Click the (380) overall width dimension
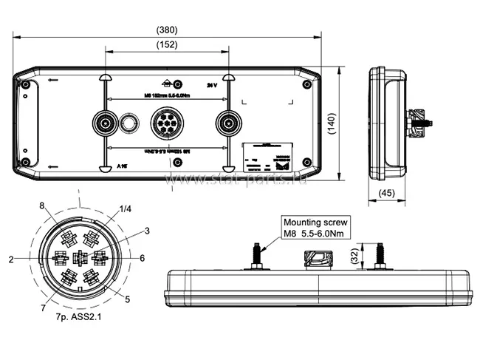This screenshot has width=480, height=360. (x=167, y=30)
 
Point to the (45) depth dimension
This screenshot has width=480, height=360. (x=385, y=194)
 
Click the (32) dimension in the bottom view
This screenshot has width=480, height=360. (x=355, y=257)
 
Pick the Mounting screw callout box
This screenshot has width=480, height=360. (x=315, y=228)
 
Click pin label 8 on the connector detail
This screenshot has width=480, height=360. (x=41, y=205)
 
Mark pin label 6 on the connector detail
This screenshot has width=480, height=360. (x=141, y=258)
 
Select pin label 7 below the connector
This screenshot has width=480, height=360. (x=43, y=307)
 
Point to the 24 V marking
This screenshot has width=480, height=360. (x=213, y=85)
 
